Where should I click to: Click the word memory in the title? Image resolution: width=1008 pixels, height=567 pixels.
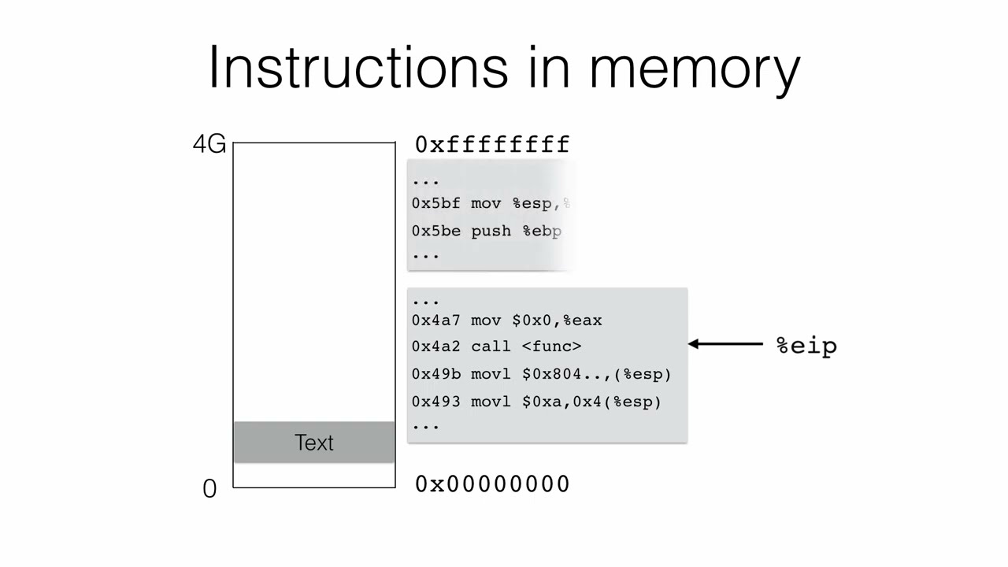pyautogui.click(x=695, y=69)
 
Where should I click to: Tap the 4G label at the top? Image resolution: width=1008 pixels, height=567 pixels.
pyautogui.click(x=209, y=144)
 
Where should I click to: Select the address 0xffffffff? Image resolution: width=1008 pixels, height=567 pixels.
pyautogui.click(x=492, y=145)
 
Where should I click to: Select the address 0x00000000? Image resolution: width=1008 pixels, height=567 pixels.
pyautogui.click(x=492, y=484)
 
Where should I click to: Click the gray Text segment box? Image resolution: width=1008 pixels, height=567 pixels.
pyautogui.click(x=314, y=443)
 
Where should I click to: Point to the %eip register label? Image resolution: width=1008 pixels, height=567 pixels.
pyautogui.click(x=806, y=346)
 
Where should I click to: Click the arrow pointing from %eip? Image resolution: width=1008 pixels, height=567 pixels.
pyautogui.click(x=726, y=344)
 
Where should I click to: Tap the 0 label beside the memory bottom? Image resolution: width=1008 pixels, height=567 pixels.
pyautogui.click(x=209, y=489)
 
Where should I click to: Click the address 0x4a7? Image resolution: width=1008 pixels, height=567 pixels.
pyautogui.click(x=435, y=321)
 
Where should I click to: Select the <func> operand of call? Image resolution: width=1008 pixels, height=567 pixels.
pyautogui.click(x=551, y=346)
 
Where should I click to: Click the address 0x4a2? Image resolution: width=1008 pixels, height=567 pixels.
pyautogui.click(x=435, y=346)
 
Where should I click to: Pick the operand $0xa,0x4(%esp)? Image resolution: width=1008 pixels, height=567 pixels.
pyautogui.click(x=591, y=402)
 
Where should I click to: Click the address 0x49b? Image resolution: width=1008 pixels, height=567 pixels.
pyautogui.click(x=435, y=375)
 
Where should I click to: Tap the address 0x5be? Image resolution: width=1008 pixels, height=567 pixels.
pyautogui.click(x=435, y=232)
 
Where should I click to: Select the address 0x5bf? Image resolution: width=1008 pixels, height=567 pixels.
pyautogui.click(x=435, y=204)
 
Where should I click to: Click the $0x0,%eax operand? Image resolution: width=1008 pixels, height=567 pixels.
pyautogui.click(x=557, y=321)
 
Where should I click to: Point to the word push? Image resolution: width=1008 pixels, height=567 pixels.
pyautogui.click(x=491, y=232)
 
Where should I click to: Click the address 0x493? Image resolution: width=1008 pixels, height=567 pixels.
pyautogui.click(x=435, y=402)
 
